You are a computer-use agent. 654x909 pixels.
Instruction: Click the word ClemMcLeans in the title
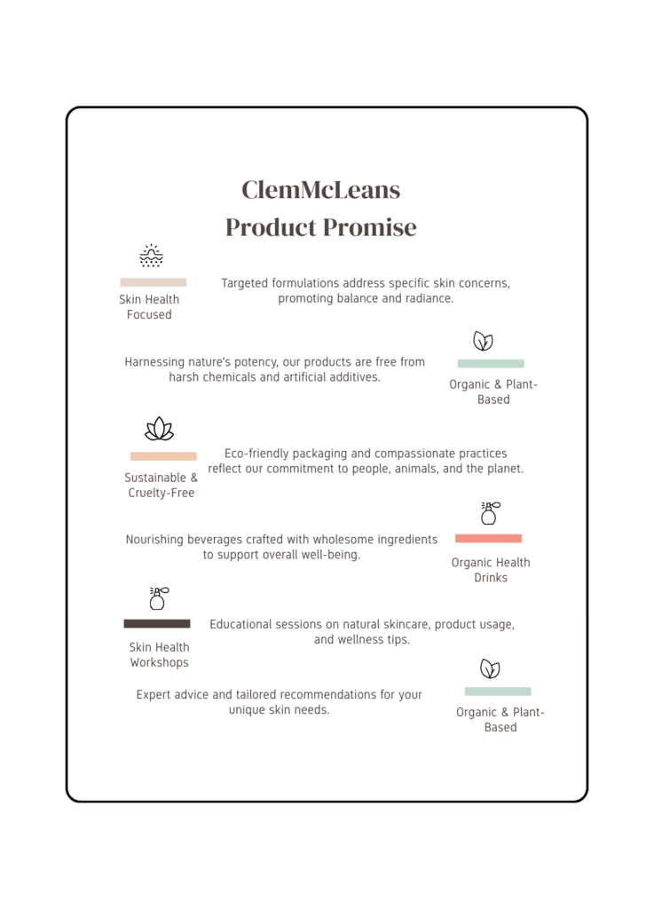point(320,190)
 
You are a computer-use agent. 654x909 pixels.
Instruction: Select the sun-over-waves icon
point(152,256)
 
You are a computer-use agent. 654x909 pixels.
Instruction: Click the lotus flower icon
point(159,429)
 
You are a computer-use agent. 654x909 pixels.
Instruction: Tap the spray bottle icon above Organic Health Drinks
point(488,513)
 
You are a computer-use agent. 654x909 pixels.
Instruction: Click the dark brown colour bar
point(157,624)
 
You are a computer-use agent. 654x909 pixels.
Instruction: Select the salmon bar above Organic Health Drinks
point(488,538)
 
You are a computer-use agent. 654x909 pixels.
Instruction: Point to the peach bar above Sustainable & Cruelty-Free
point(163,456)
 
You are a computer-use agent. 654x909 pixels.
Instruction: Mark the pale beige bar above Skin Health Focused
point(153,282)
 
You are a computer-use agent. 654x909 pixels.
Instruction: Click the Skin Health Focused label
point(149,307)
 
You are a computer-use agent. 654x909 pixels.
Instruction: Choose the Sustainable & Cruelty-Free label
point(161,486)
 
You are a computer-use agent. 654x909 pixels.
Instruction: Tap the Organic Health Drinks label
point(491,570)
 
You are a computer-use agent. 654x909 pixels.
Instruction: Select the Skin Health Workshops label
point(160,655)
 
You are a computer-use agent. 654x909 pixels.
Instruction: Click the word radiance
point(426,299)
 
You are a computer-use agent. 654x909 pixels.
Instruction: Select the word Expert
point(154,695)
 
